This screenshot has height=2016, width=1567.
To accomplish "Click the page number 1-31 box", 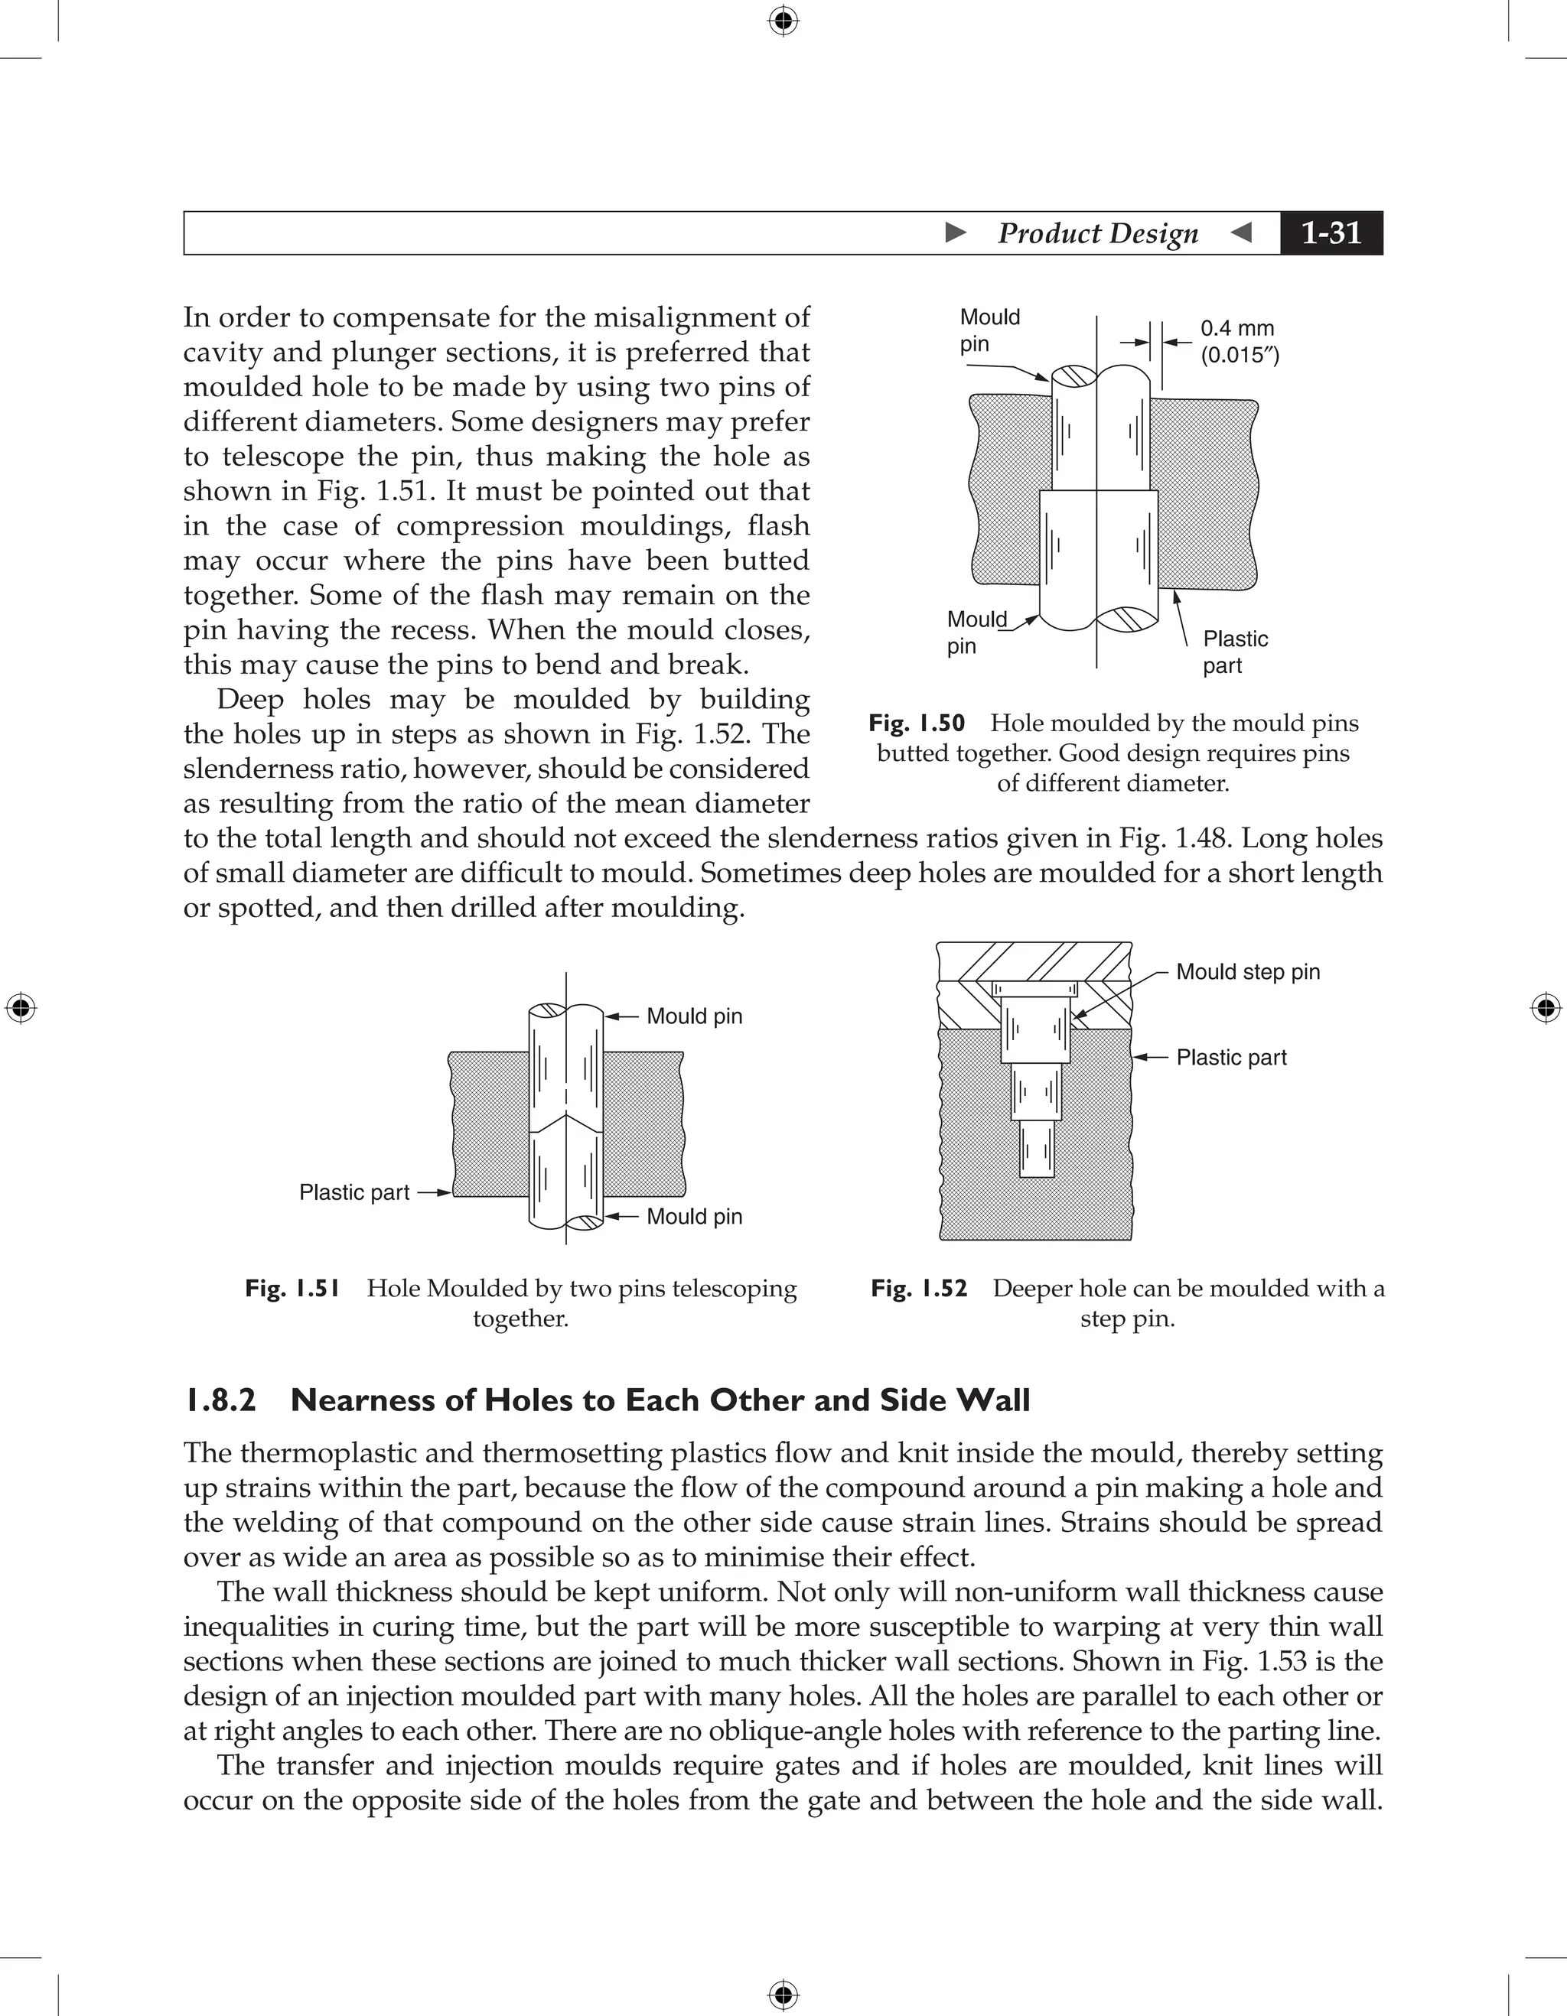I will point(1331,232).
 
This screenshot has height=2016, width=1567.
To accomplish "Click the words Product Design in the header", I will point(1097,232).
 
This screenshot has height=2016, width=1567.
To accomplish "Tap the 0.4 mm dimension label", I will point(1237,329).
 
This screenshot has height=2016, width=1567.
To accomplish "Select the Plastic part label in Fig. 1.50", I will point(1235,652).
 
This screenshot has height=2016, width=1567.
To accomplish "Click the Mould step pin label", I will point(1247,971).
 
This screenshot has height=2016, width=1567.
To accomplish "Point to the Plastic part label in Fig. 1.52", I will point(1231,1057).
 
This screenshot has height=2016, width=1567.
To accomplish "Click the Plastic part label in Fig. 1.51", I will point(353,1192).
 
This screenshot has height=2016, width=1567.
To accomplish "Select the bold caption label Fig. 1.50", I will point(916,723).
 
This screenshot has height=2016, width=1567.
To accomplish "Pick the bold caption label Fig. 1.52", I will point(919,1288).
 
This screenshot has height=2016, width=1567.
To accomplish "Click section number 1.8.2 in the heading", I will point(220,1400).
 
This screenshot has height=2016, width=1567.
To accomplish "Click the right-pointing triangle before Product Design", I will point(956,232).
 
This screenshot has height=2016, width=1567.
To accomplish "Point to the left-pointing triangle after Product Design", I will point(1242,232).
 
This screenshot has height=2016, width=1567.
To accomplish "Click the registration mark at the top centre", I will point(783,21).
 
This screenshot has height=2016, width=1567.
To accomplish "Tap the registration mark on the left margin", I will point(21,1008).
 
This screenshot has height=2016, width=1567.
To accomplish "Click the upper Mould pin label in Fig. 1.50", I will point(989,330).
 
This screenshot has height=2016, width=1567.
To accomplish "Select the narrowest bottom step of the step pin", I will point(1036,1149).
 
